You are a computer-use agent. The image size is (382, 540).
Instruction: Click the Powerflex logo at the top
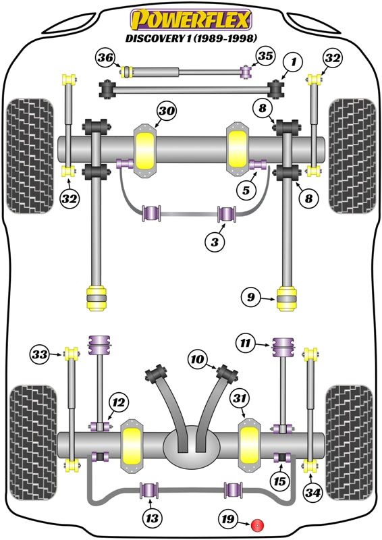[192, 19]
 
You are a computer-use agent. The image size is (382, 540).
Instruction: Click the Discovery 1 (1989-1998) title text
[192, 38]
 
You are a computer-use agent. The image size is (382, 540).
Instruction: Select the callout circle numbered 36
[105, 58]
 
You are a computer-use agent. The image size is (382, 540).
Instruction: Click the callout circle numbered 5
[244, 191]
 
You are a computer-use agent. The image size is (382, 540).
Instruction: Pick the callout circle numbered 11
[246, 344]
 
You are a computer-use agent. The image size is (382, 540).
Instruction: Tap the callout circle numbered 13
[151, 518]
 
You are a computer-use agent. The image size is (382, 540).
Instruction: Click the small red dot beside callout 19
[256, 525]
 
